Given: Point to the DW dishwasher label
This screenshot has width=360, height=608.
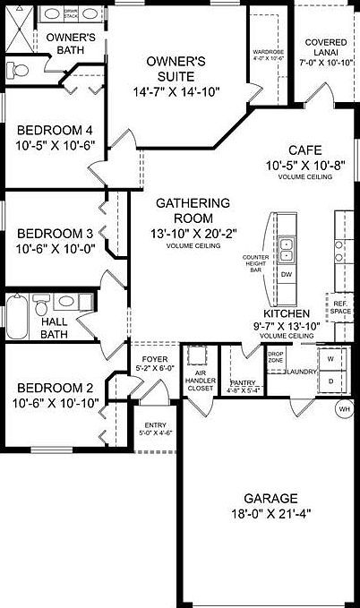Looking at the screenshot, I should (287, 274).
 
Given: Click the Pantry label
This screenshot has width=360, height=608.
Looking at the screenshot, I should (243, 380).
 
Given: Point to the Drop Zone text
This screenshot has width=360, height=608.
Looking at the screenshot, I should (275, 356).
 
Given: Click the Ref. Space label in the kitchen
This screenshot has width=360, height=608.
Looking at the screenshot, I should (340, 306).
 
